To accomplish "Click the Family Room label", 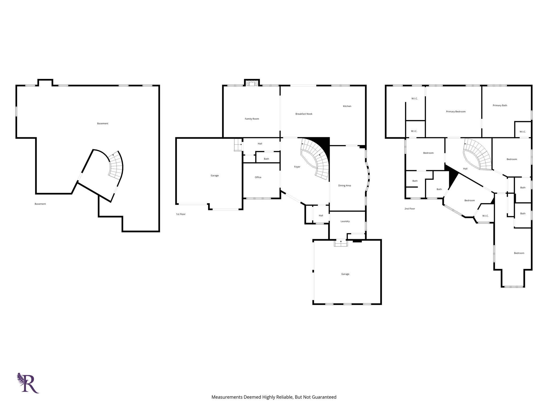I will pyautogui.click(x=252, y=119).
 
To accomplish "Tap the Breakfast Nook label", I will pyautogui.click(x=304, y=114).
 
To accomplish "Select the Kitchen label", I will pyautogui.click(x=347, y=106).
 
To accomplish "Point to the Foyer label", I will pyautogui.click(x=297, y=167).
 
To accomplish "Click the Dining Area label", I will pyautogui.click(x=344, y=185).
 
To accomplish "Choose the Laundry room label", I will pyautogui.click(x=345, y=221).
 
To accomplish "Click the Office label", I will pyautogui.click(x=258, y=177).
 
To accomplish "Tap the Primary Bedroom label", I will pyautogui.click(x=456, y=112).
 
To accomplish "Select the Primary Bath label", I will pyautogui.click(x=500, y=105).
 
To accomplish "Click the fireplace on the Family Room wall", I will pyautogui.click(x=252, y=83).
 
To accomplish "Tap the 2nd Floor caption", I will pyautogui.click(x=410, y=209).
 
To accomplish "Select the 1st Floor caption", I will pyautogui.click(x=181, y=214).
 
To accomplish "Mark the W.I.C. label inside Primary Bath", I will pyautogui.click(x=523, y=132).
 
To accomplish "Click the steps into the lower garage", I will pyautogui.click(x=341, y=243).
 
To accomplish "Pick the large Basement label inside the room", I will pyautogui.click(x=102, y=124).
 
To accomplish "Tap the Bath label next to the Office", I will pyautogui.click(x=266, y=159).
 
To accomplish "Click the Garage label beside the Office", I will pyautogui.click(x=215, y=176).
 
